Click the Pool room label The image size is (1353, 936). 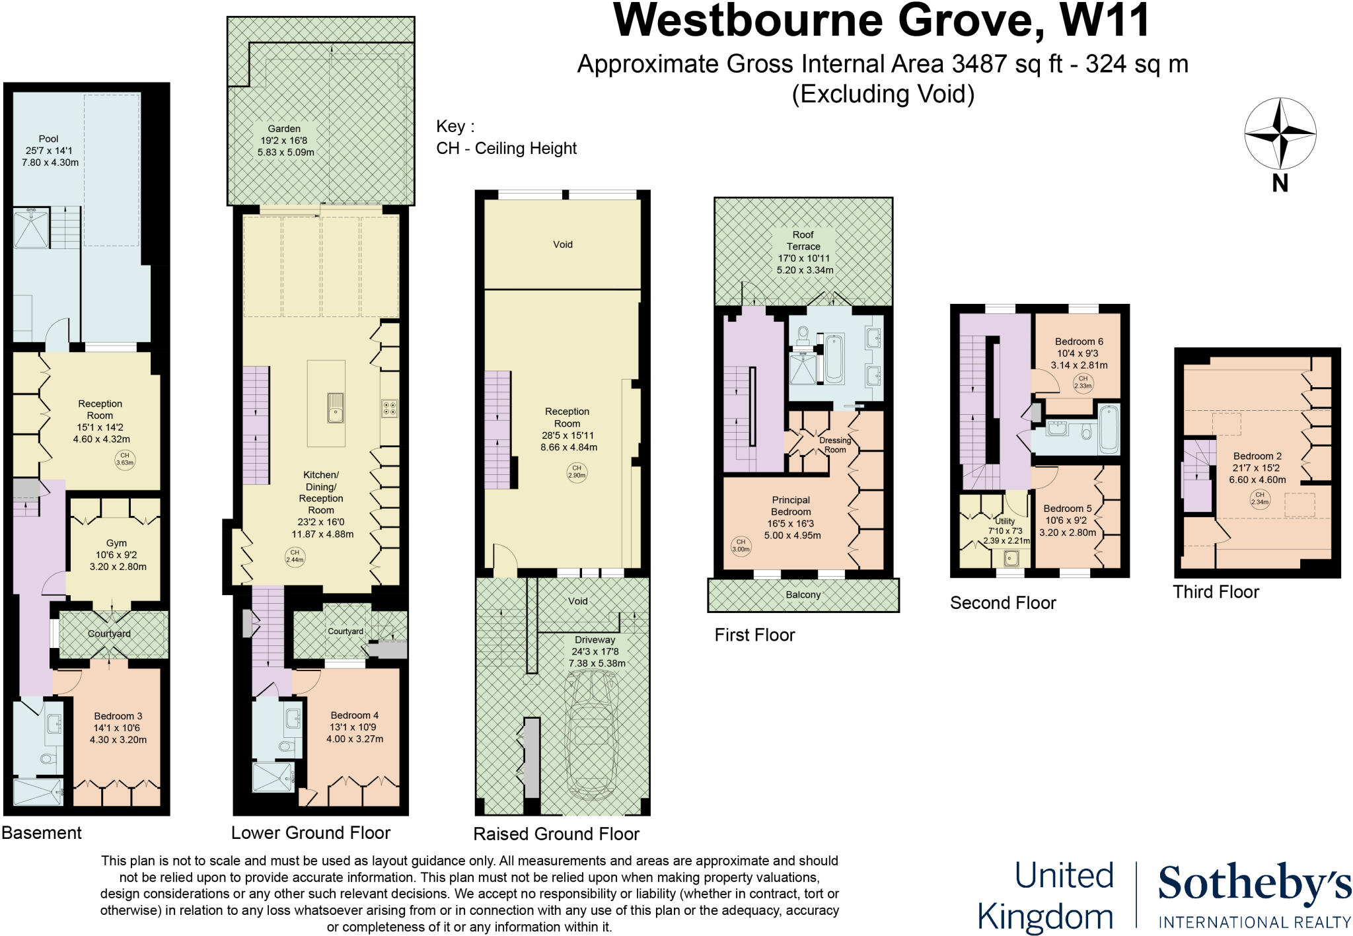pos(49,139)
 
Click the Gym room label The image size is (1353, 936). pos(116,543)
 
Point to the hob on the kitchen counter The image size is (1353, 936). pos(389,408)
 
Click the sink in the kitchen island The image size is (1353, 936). pos(336,408)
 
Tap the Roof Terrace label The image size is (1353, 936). pos(803,240)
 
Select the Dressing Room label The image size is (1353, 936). pos(835,445)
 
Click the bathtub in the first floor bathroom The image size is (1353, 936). pos(834,359)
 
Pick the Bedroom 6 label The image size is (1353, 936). pos(1079,342)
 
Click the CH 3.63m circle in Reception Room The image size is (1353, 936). pos(125,458)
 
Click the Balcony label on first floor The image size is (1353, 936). pos(803,594)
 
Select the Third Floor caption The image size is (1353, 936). pos(1216,592)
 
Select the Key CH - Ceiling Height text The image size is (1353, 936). pos(506,148)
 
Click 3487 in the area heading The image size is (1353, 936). pos(979,64)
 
